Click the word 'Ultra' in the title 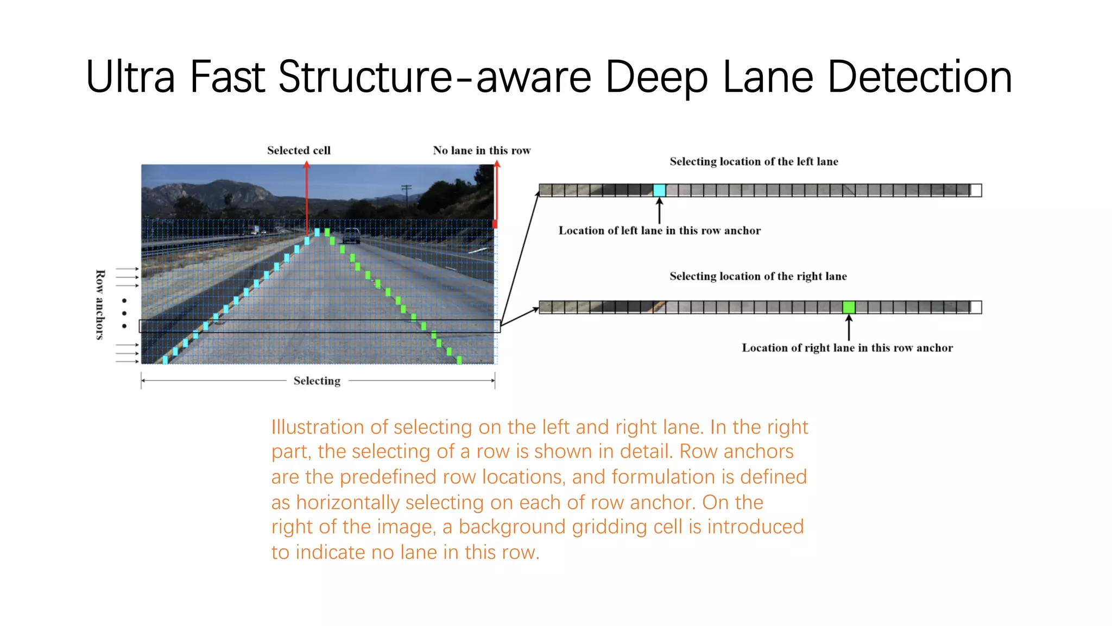130,77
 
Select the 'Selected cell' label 299,151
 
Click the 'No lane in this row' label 482,151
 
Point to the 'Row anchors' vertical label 100,304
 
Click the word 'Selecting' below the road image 317,381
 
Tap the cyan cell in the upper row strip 659,190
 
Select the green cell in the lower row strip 849,308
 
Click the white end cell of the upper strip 976,190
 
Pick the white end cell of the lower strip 976,308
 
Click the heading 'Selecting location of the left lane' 754,161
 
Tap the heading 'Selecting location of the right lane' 758,276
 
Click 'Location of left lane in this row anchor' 660,230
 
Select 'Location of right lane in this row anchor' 847,348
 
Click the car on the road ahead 351,236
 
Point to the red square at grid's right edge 495,224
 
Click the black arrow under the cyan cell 660,211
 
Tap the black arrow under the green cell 849,328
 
